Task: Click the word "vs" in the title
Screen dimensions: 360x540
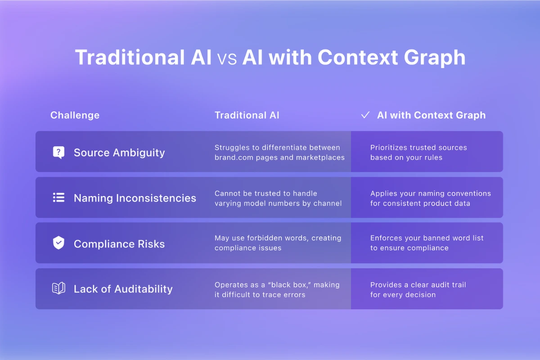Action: point(227,58)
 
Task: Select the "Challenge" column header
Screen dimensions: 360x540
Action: point(75,115)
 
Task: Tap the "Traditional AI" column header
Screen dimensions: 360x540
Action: point(247,115)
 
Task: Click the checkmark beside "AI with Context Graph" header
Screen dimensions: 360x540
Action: point(365,115)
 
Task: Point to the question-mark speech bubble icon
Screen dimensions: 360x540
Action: point(58,153)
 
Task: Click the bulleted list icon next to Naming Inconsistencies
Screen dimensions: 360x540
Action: point(58,198)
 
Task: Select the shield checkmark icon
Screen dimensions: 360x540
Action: point(58,243)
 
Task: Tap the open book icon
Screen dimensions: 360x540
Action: point(58,289)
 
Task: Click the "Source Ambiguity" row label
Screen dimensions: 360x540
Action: point(119,153)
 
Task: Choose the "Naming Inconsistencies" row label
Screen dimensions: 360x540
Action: point(135,198)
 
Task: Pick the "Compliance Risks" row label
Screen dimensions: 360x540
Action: point(119,244)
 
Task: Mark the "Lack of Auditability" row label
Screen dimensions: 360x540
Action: point(123,289)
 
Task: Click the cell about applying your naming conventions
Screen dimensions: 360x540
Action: point(430,198)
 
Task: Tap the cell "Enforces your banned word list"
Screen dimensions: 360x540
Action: point(427,243)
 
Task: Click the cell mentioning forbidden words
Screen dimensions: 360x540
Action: point(278,243)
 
